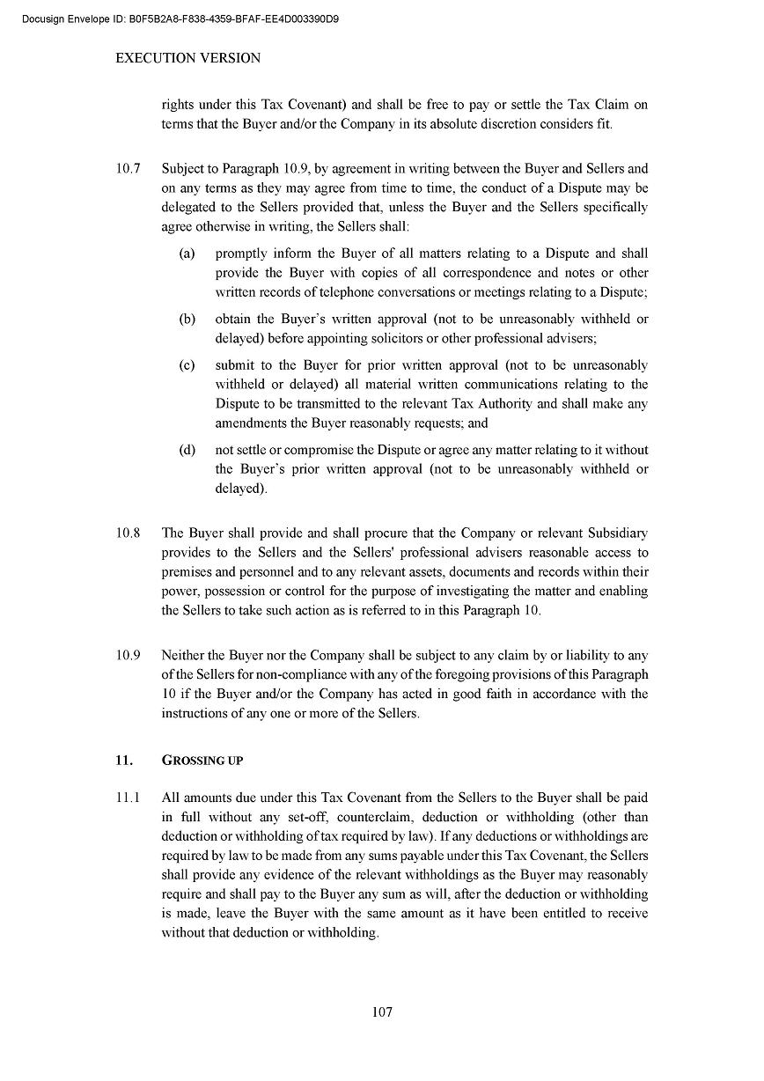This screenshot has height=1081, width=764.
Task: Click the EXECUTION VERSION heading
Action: tap(188, 58)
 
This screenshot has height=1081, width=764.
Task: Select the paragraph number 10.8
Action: tap(129, 533)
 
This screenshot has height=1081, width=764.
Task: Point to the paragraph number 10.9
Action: tap(129, 655)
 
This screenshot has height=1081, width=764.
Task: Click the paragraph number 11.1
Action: tap(129, 798)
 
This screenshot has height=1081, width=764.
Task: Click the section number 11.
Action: tap(124, 760)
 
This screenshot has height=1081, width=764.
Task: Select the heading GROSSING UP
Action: tap(202, 761)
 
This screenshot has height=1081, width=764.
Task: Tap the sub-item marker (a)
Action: tap(187, 254)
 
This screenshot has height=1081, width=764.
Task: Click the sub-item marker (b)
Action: tap(187, 319)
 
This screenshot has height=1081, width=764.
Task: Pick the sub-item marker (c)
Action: tap(187, 364)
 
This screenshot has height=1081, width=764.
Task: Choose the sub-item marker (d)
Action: tap(187, 450)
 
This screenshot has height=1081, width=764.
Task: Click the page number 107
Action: tap(382, 1011)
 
